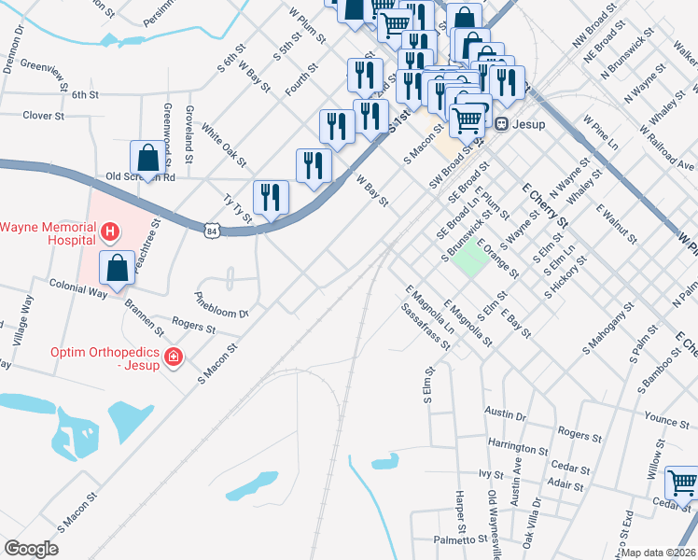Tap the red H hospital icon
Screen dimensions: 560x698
[x=110, y=231]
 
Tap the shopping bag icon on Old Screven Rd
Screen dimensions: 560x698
[x=147, y=157]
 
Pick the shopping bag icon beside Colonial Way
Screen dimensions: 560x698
[x=118, y=267]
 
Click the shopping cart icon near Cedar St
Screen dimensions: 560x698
[x=682, y=483]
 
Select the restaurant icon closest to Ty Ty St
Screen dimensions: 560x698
[x=271, y=197]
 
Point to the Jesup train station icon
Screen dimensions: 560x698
[x=501, y=121]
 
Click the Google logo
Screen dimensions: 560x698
[x=32, y=549]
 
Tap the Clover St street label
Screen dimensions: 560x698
[x=43, y=117]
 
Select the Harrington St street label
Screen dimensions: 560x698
[x=517, y=448]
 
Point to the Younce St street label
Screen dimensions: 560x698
[x=666, y=421]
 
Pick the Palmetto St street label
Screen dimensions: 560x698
[x=460, y=540]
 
